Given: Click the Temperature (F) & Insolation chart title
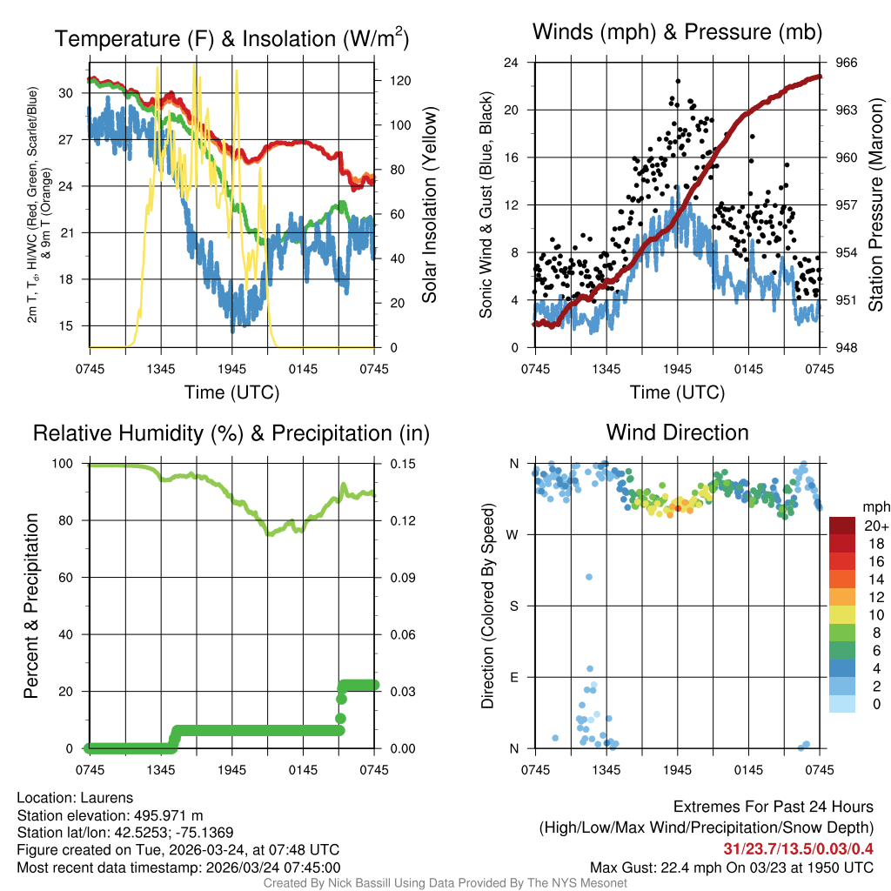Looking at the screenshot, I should tap(231, 39).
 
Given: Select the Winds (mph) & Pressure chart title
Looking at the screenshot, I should tap(678, 33).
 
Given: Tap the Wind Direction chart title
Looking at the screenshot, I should tap(678, 432).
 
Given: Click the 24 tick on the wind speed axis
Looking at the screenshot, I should tap(512, 63).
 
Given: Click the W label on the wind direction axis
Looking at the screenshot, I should tap(513, 535).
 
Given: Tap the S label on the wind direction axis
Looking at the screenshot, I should tap(514, 606).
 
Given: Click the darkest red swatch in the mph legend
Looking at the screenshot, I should tap(843, 526).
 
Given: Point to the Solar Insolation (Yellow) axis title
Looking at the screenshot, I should tap(429, 204).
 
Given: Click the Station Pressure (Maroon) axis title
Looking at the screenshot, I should tap(876, 204).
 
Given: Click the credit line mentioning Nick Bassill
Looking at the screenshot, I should tap(445, 883).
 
